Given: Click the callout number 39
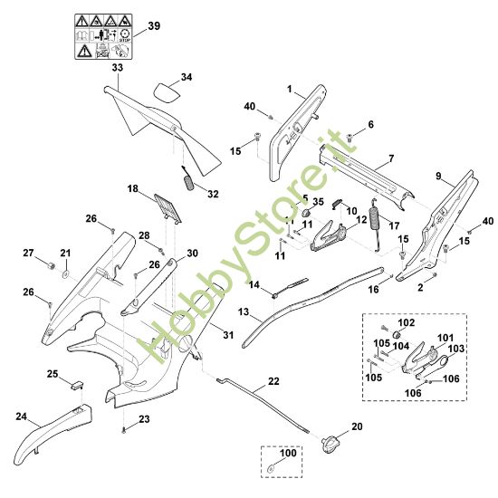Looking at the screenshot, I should tap(153, 26).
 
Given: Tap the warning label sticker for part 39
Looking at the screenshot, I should tap(101, 37).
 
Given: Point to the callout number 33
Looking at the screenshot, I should tap(118, 68).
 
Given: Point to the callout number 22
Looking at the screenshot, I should tap(273, 380).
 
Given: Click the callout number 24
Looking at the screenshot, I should tap(23, 417).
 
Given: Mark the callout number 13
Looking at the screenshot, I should tap(244, 311).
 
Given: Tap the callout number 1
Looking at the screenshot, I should tap(290, 91).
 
